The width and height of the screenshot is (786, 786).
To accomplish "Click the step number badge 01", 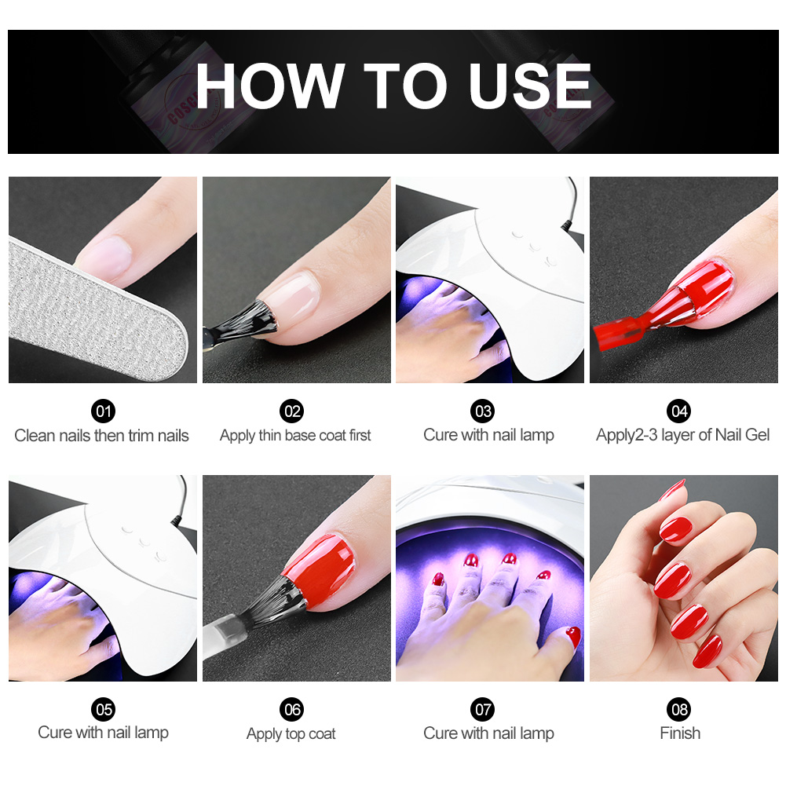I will point(103,411).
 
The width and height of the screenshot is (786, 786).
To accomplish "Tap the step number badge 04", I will point(678,411).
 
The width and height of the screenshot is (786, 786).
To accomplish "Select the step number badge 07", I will point(483,709).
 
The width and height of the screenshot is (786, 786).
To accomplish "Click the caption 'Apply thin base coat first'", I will point(295,435).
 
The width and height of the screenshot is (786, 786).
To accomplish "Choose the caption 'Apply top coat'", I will point(291,734).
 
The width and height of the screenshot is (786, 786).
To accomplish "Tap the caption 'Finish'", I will point(680,733).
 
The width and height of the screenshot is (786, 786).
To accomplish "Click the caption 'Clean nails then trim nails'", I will point(102,435).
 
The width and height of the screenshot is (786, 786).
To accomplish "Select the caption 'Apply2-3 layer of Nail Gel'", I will point(683,435).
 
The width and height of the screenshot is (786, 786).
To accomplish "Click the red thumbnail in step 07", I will point(572,636).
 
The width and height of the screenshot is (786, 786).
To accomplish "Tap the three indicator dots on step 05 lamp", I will point(142,539).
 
